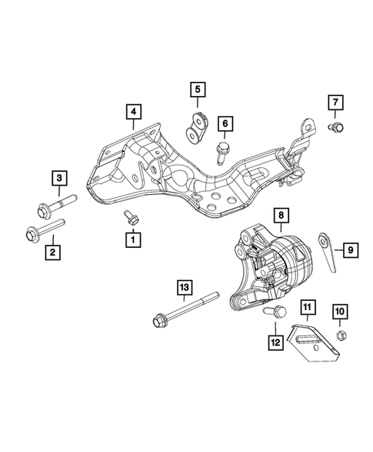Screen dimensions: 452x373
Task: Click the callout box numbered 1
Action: (134, 240)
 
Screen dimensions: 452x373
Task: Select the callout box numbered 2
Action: (53, 250)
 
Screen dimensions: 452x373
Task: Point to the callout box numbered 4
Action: (134, 113)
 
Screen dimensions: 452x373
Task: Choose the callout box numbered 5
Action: (198, 90)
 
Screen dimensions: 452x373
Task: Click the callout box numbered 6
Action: (225, 123)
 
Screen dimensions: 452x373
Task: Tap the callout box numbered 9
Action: (348, 249)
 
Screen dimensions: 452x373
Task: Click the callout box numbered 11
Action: (306, 309)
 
